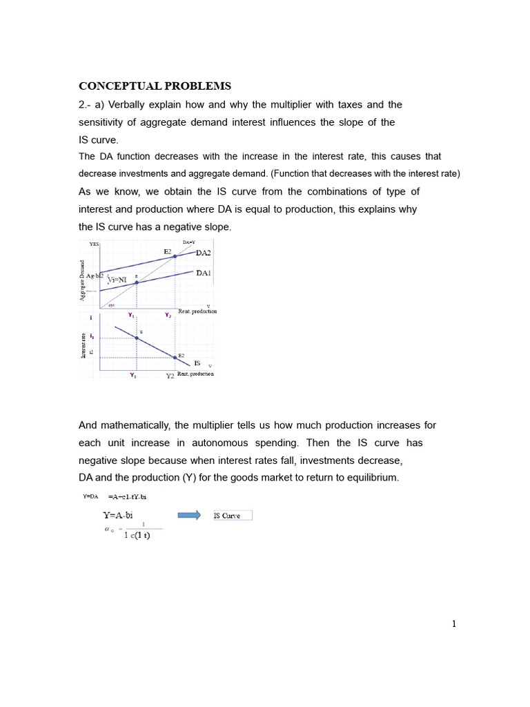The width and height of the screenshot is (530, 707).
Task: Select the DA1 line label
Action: [x=204, y=273]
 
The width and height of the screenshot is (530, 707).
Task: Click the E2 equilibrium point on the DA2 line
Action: [x=175, y=256]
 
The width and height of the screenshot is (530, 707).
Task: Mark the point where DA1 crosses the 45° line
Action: [x=137, y=282]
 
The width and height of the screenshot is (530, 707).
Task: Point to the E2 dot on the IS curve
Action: [x=175, y=358]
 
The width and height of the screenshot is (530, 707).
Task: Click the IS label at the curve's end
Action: [x=197, y=362]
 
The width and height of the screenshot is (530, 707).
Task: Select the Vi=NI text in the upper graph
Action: [x=118, y=280]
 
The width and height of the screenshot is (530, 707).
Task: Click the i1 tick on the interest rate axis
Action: [x=90, y=338]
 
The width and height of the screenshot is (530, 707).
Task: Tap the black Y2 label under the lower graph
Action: [x=170, y=376]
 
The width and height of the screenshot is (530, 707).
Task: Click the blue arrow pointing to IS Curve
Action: [x=189, y=515]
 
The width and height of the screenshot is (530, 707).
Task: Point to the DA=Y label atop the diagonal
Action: [x=188, y=242]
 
